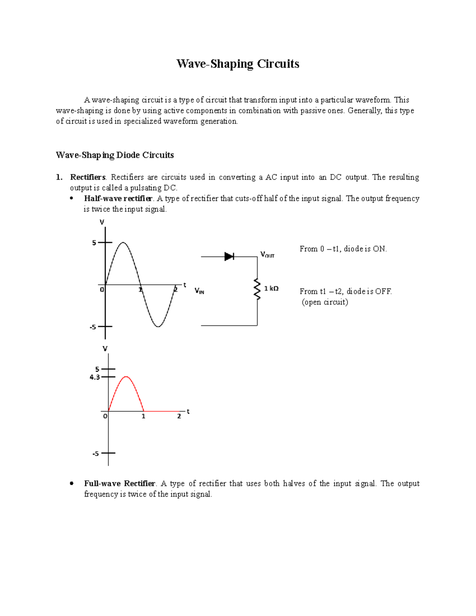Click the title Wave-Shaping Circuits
[x=238, y=64]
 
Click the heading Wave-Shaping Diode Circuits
[x=115, y=155]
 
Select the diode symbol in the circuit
[x=229, y=257]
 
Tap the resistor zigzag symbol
[x=257, y=289]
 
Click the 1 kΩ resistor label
[x=271, y=289]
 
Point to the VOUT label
[x=267, y=255]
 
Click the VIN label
[x=199, y=291]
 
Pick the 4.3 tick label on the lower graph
[x=95, y=377]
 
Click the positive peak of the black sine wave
[x=123, y=242]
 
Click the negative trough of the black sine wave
[x=158, y=326]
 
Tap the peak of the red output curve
[x=126, y=376]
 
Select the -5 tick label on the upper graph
[x=93, y=327]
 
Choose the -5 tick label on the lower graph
[x=96, y=453]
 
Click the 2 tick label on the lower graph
[x=179, y=416]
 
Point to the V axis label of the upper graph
[x=102, y=222]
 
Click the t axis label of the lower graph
[x=188, y=412]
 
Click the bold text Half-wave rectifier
[x=118, y=198]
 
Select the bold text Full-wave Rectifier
[x=119, y=484]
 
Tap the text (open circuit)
[x=325, y=302]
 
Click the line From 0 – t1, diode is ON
[x=343, y=249]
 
